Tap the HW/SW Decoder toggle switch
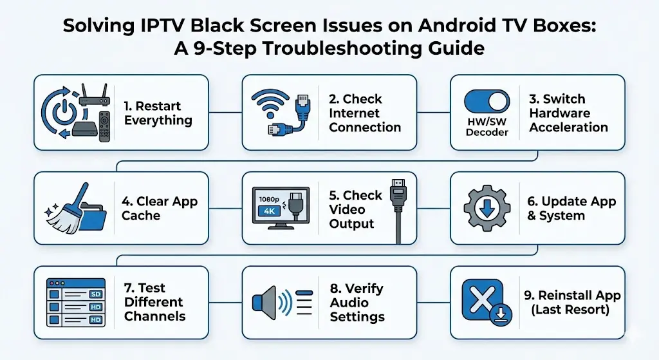pos(487,101)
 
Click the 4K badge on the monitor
pos(269,211)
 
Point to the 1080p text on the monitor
pos(269,200)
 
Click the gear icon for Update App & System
pos(487,208)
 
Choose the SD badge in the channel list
pos(95,294)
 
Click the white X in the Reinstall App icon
pos(482,299)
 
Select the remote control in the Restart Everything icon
pos(104,126)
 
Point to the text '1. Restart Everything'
pos(158,113)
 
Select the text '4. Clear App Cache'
pos(160,208)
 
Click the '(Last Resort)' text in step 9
pos(570,310)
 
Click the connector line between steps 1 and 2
pos(225,112)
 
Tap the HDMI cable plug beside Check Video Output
pos(398,194)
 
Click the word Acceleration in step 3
pos(568,127)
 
